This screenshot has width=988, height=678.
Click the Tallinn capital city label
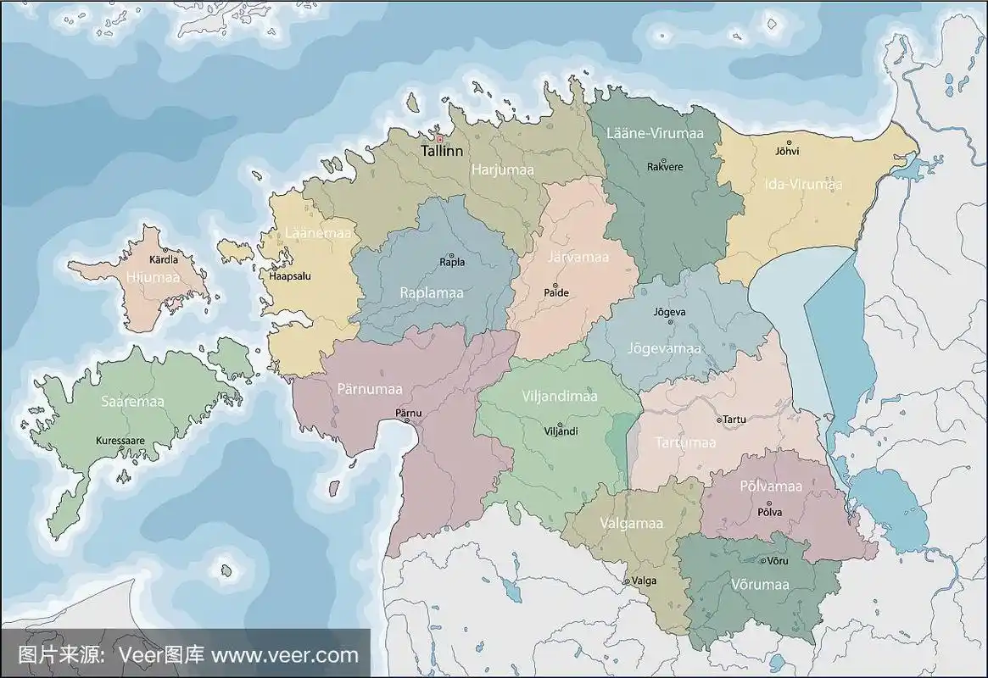[x=442, y=152]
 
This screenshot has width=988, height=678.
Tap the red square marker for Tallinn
[x=440, y=138]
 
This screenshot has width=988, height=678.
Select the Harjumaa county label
[x=503, y=170]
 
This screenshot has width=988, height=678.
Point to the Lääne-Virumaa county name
[x=643, y=132]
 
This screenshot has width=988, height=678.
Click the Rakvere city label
[x=665, y=167]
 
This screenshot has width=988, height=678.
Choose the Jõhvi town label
[x=787, y=152]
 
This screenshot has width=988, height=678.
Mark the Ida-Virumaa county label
[x=803, y=184]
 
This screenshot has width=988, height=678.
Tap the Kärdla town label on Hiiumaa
[x=164, y=260]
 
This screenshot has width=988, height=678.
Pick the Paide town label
[x=556, y=292]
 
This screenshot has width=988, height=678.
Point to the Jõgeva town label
[x=669, y=312]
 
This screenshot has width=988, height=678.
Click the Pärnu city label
[x=408, y=414]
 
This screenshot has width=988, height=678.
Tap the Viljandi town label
[x=561, y=431]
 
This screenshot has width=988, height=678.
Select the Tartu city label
[x=734, y=420]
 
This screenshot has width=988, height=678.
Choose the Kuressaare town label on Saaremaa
[x=120, y=441]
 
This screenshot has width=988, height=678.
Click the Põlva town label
[x=769, y=513]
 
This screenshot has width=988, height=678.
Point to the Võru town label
[x=777, y=561]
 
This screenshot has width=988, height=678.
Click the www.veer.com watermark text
[x=285, y=655]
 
